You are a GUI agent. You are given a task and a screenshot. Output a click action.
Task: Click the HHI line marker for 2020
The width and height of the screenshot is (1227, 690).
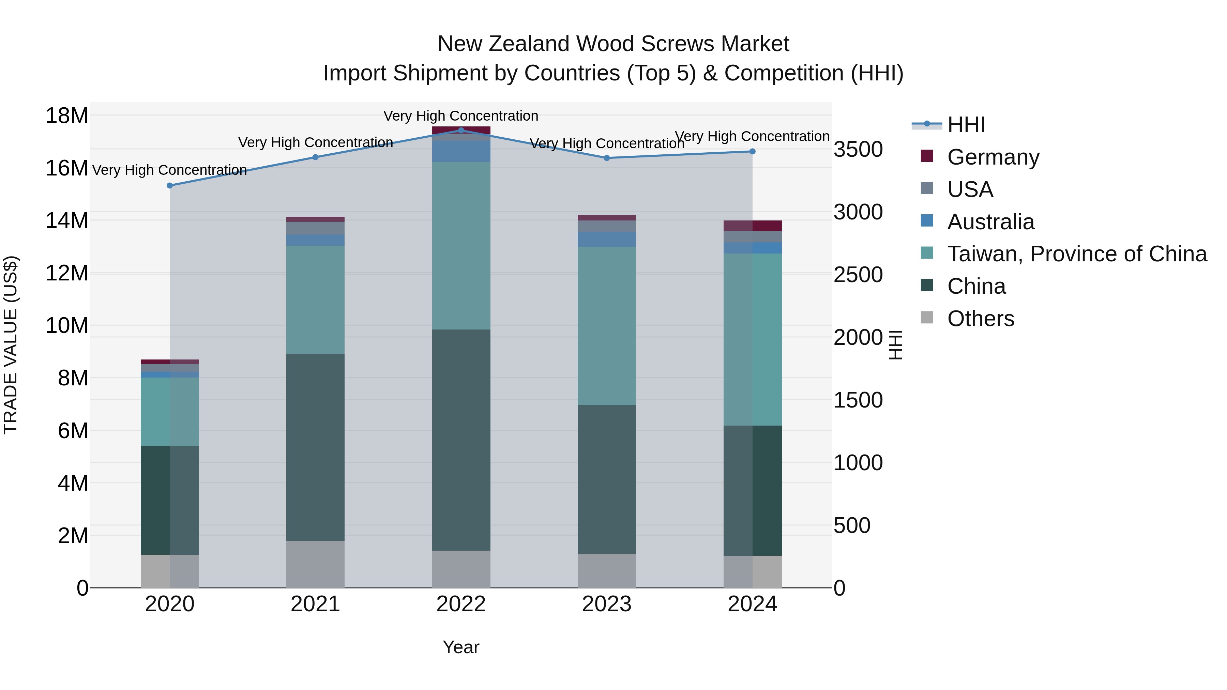170,186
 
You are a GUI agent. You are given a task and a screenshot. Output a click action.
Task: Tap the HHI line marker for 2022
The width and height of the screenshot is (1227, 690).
461,130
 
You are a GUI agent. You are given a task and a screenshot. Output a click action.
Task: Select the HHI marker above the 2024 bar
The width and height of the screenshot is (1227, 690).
753,151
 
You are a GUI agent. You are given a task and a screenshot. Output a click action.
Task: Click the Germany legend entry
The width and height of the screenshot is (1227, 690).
993,157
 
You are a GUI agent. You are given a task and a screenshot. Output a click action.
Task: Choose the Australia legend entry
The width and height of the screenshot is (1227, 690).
991,222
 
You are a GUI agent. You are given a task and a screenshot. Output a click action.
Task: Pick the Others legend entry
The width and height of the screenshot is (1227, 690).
980,319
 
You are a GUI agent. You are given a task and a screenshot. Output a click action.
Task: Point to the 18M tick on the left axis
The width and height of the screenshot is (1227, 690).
67,116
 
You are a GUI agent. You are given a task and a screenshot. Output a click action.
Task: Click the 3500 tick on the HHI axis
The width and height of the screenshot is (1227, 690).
858,150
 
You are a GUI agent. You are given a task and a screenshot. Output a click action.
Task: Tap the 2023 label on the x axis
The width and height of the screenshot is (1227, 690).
606,604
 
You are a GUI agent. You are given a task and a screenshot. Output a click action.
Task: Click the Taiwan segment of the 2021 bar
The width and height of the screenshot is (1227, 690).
315,300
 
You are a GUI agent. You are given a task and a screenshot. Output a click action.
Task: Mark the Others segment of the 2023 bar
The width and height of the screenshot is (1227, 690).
606,570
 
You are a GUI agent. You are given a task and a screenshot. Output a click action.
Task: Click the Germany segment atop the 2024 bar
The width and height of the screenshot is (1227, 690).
753,226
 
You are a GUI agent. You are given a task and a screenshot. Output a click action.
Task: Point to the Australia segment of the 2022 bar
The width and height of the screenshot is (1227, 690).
461,151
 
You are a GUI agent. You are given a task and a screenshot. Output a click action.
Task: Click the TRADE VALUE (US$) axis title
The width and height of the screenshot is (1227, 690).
11,345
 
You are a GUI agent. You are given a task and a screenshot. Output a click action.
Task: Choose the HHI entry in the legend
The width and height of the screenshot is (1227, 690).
966,125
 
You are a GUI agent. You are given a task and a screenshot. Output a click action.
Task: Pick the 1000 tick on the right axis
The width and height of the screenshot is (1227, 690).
858,463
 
